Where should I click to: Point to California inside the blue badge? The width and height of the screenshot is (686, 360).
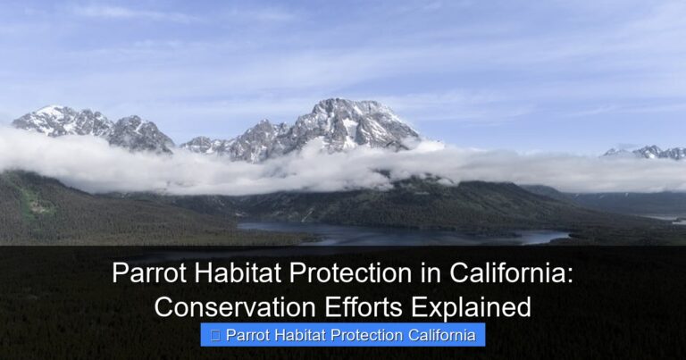tap(448, 336)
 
